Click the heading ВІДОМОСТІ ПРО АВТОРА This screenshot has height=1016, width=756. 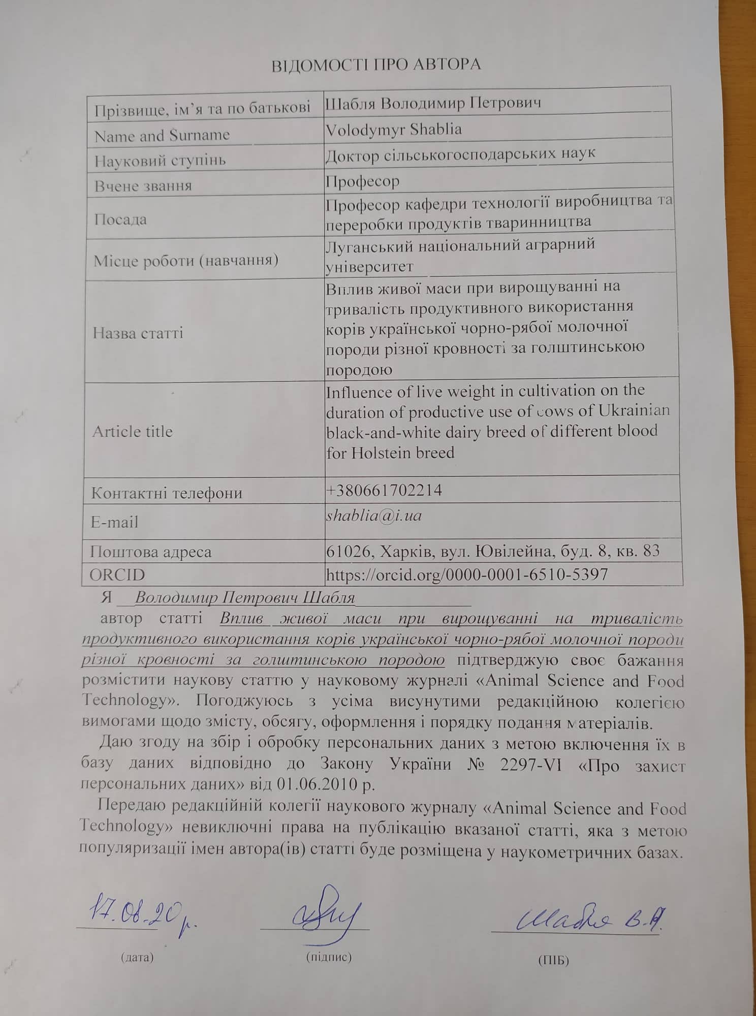pyautogui.click(x=376, y=65)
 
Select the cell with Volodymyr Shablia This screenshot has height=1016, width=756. pyautogui.click(x=394, y=130)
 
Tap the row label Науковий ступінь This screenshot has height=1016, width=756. pyautogui.click(x=160, y=161)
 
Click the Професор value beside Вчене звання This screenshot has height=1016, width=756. pyautogui.click(x=363, y=181)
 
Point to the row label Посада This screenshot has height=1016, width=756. pyautogui.click(x=120, y=220)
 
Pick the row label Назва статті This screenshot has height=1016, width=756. pyautogui.click(x=138, y=334)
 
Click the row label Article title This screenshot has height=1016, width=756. pyautogui.click(x=133, y=432)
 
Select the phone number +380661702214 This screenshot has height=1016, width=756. pyautogui.click(x=384, y=490)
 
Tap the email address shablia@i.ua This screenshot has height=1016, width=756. pyautogui.click(x=374, y=516)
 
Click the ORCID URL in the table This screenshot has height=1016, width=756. pyautogui.click(x=467, y=575)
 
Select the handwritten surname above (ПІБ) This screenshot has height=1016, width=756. pyautogui.click(x=589, y=918)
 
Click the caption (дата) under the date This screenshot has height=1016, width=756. pyautogui.click(x=137, y=958)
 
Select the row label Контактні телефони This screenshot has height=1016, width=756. pyautogui.click(x=167, y=493)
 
